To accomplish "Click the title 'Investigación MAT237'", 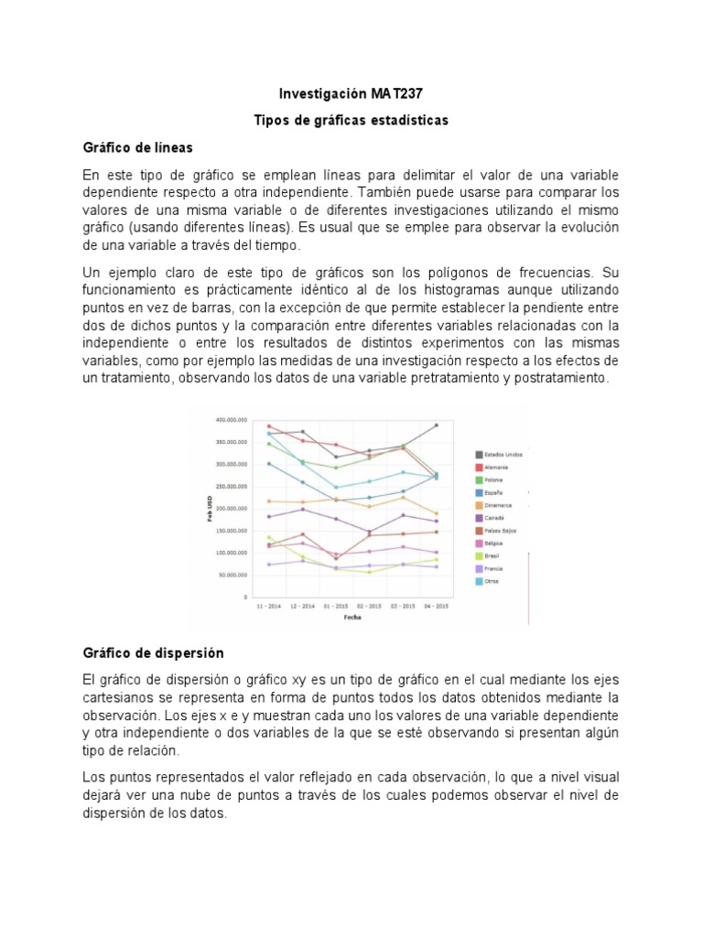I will pos(351,94).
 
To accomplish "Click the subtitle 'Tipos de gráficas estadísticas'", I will pos(351,121).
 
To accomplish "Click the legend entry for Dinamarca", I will pos(495,505).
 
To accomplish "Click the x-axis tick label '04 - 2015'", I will pos(436,606).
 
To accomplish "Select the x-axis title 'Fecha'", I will pos(352,618).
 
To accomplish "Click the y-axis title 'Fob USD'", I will pos(209,509).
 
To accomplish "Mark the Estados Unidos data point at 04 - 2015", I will pos(436,425).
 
